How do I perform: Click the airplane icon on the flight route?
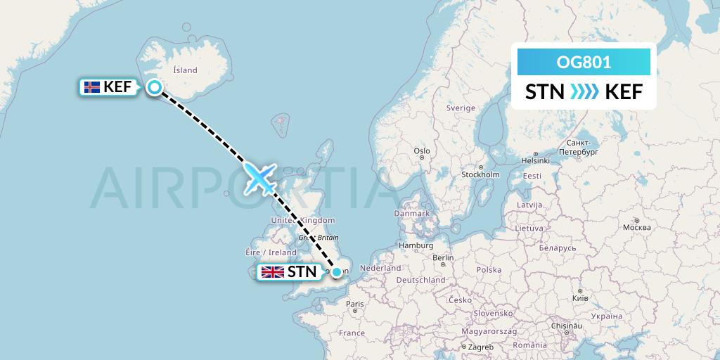260,178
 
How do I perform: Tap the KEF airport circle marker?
155,87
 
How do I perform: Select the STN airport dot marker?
337,272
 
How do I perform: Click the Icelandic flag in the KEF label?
91,88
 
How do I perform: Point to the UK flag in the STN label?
272,272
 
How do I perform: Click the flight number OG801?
584,63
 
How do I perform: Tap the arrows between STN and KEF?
584,91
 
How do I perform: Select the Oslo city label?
422,151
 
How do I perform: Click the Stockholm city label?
480,174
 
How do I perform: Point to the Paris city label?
354,304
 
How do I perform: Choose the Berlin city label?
443,258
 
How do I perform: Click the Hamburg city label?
415,246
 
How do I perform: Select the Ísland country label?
185,70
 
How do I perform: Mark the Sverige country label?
461,108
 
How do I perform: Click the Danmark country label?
411,213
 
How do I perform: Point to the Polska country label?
489,270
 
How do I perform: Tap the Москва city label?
636,228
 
